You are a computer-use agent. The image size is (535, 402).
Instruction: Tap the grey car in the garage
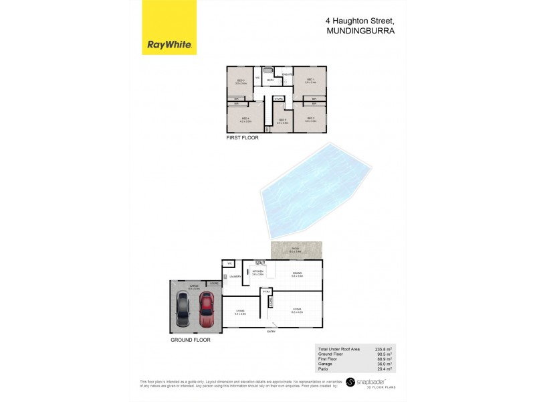coord(183,312)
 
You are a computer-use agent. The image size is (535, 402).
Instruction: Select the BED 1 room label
coord(310,80)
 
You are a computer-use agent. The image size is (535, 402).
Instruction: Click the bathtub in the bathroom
coord(267,70)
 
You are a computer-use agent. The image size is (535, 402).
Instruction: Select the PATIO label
coord(295,248)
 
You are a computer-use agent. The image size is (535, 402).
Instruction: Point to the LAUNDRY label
coord(235,276)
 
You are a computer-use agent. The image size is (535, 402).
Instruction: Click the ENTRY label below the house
coord(271,332)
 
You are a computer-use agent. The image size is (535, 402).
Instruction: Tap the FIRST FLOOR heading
coord(242,137)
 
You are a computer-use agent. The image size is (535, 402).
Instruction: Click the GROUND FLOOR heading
coord(191,340)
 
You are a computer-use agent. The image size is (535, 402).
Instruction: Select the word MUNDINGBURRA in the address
coord(356,30)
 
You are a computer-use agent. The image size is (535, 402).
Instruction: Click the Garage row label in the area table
coord(324,364)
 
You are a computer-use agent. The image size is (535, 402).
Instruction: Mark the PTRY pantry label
coord(266,291)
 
